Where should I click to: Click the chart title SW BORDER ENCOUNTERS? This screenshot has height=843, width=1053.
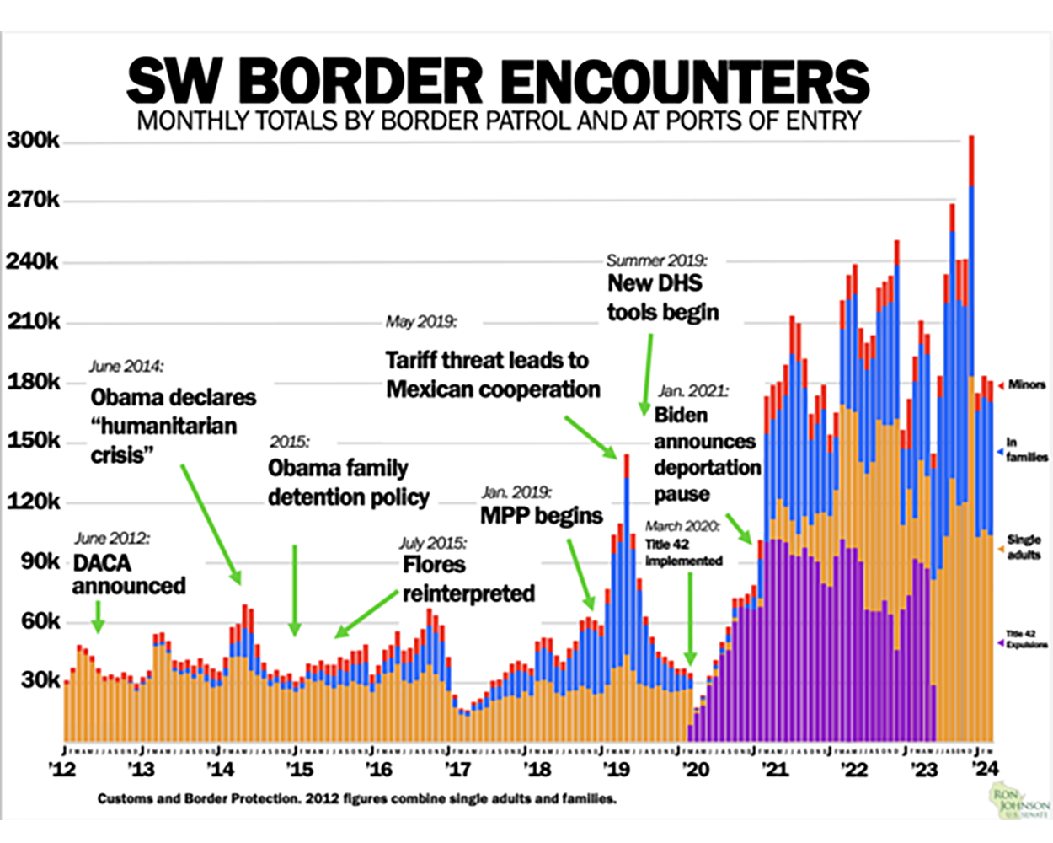497,81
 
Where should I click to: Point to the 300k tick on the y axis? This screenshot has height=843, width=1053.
33,140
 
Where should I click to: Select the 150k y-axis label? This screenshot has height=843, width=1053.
33,441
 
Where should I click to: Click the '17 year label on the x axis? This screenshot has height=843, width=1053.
457,769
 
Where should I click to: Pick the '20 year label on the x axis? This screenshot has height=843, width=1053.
695,769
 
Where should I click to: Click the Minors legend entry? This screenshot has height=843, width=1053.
1026,384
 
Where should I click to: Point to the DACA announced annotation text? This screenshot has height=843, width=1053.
128,574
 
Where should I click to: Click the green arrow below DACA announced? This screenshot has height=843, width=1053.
99,616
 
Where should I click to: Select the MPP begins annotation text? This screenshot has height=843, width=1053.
541,515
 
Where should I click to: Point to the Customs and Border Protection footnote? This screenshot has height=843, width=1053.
356,798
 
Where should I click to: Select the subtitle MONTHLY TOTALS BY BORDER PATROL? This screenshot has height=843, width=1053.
499,121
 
